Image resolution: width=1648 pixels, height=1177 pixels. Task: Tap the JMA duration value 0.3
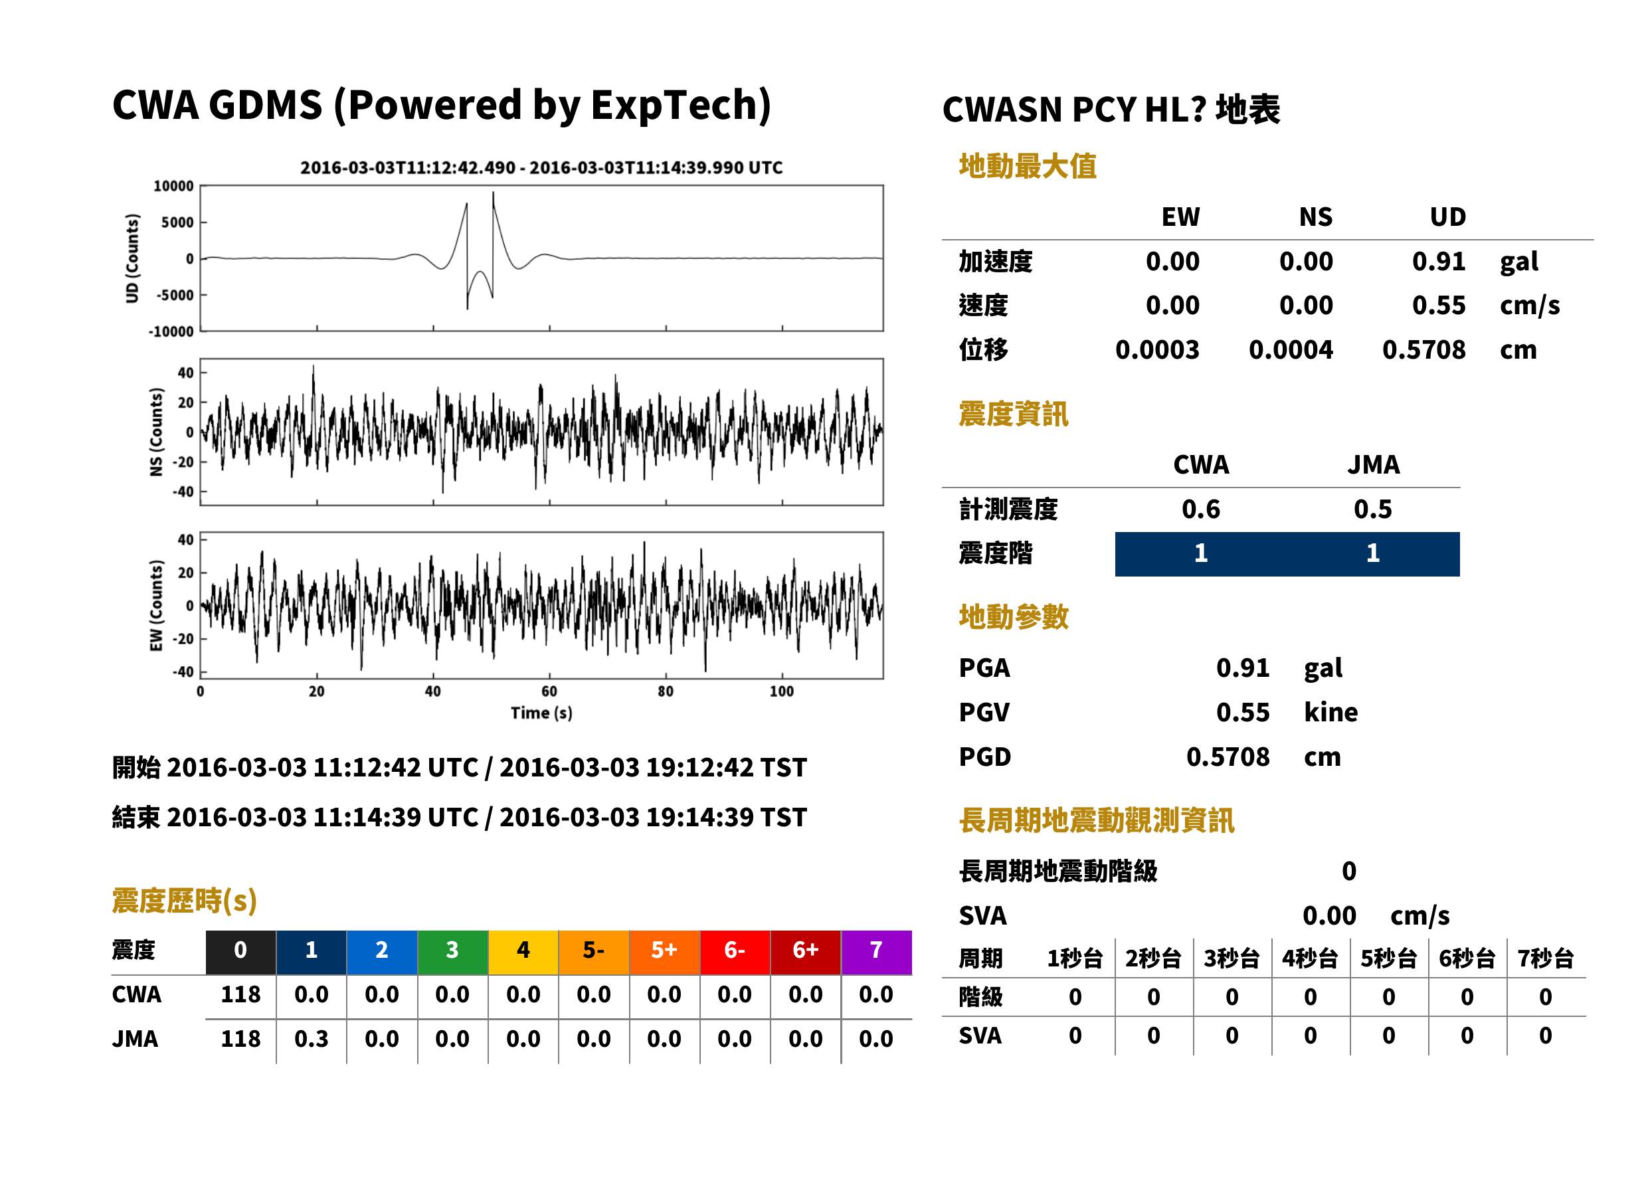tap(311, 1039)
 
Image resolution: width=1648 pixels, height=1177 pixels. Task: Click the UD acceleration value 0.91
tap(1439, 261)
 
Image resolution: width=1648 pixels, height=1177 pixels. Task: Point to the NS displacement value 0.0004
tap(1291, 350)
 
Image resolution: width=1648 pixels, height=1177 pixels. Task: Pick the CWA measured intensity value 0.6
tap(1201, 509)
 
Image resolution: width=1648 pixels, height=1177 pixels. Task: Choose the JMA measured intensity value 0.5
tap(1372, 509)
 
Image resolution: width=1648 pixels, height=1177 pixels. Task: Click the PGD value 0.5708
tap(1228, 757)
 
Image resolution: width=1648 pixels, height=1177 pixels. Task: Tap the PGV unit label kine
tap(1330, 713)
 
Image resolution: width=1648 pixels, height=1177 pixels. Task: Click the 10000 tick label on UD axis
tap(173, 186)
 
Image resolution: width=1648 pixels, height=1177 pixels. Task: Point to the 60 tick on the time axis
tap(549, 691)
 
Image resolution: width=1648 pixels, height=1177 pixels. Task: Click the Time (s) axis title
tap(541, 713)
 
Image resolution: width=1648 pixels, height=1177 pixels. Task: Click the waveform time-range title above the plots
tap(541, 167)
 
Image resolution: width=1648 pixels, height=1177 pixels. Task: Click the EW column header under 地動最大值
tap(1180, 217)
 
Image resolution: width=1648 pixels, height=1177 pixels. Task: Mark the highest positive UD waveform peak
tap(493, 193)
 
